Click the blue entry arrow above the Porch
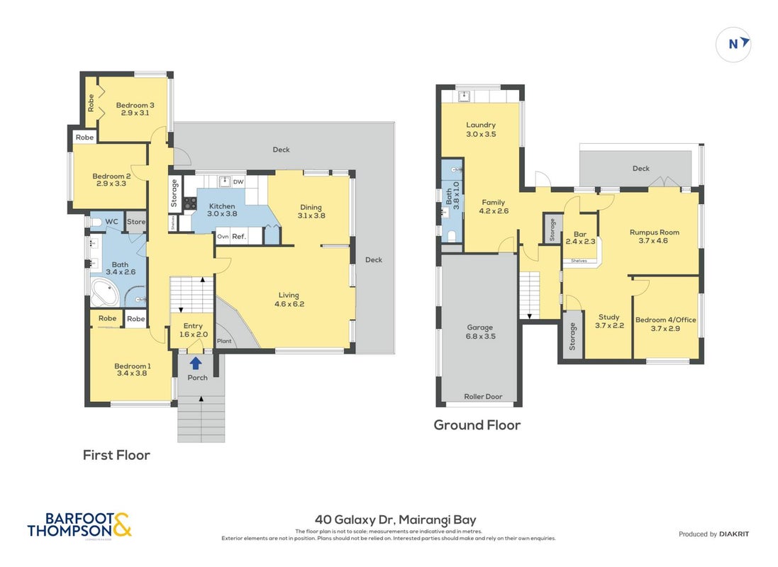click(x=196, y=363)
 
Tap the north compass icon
click(x=733, y=45)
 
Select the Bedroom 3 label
click(x=135, y=105)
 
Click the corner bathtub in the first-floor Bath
click(x=105, y=293)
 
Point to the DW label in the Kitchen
click(x=238, y=181)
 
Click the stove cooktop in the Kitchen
click(x=190, y=203)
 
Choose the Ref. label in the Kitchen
click(x=239, y=237)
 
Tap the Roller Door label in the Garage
click(x=483, y=396)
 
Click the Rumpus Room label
click(x=655, y=232)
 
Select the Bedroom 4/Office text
click(x=665, y=320)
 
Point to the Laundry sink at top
click(x=464, y=96)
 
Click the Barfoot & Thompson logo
click(x=79, y=525)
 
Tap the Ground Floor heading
click(x=477, y=425)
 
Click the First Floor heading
click(x=116, y=455)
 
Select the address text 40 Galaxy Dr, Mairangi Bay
click(x=396, y=520)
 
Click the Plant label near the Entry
click(x=224, y=341)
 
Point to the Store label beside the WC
click(x=136, y=222)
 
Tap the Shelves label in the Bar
click(x=579, y=260)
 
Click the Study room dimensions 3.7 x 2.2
click(x=609, y=325)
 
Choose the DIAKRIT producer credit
click(x=734, y=534)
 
